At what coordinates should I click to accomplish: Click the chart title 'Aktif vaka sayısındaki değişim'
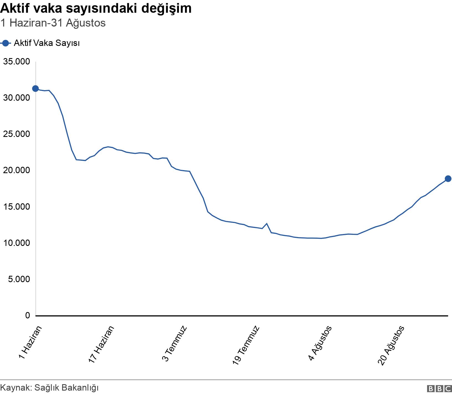[x=96, y=8]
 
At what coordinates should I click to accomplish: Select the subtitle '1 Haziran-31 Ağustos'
[x=53, y=23]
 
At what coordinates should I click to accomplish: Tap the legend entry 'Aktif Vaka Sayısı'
[x=47, y=43]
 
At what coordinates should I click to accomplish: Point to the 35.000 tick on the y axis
[x=16, y=61]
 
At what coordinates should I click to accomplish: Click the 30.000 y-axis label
[x=16, y=98]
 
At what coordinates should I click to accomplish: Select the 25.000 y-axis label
[x=16, y=134]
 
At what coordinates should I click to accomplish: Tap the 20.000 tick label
[x=16, y=170]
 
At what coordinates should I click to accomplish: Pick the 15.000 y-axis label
[x=16, y=207]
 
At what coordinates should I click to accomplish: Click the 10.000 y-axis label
[x=16, y=243]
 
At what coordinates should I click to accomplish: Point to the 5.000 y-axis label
[x=18, y=279]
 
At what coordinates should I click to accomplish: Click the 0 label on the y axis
[x=27, y=315]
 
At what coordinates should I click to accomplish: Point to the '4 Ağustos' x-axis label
[x=320, y=343]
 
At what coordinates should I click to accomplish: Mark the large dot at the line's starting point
[x=35, y=89]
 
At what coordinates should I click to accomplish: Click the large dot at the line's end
[x=448, y=179]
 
